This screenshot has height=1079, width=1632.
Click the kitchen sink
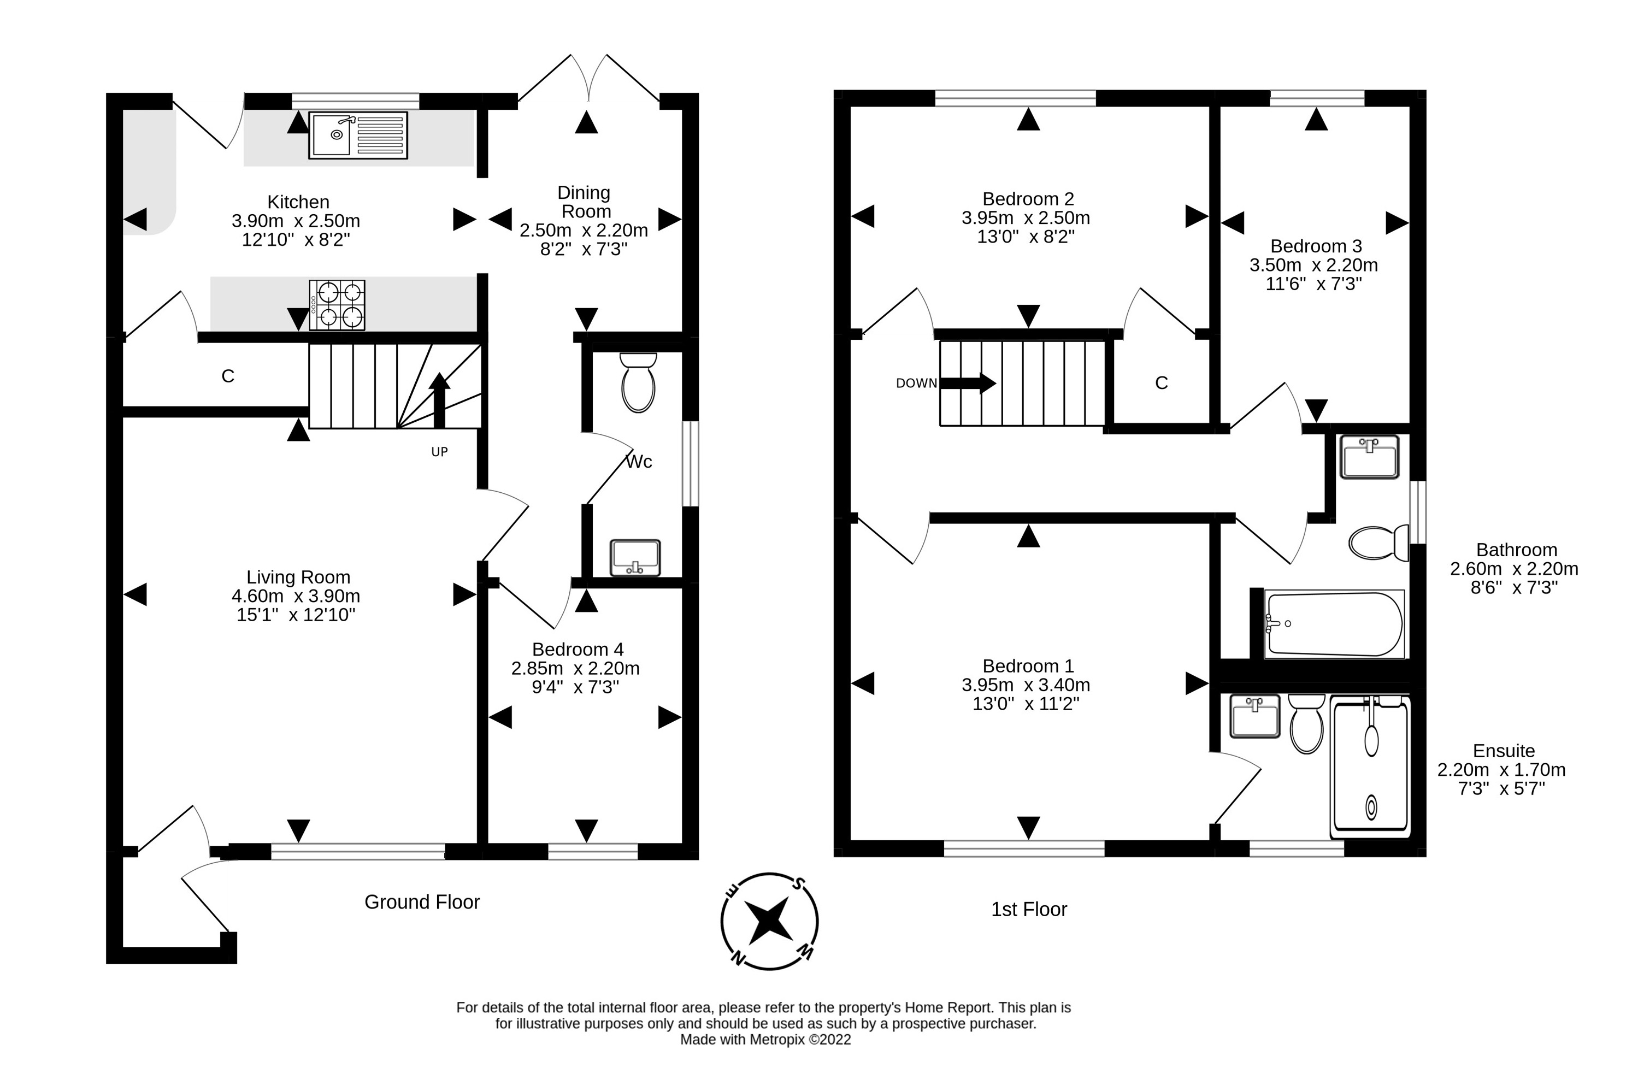click(x=358, y=135)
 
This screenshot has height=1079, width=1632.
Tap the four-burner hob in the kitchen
click(x=337, y=305)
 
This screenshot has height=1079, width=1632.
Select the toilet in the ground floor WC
click(x=638, y=382)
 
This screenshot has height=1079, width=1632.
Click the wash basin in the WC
click(x=635, y=557)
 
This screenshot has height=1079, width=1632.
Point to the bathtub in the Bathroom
click(x=1333, y=624)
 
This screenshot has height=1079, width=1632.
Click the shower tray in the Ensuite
click(x=1370, y=766)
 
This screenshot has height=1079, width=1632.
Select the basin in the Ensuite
click(x=1254, y=716)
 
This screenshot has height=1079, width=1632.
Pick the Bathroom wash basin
click(x=1369, y=456)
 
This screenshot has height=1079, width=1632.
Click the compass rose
click(x=769, y=922)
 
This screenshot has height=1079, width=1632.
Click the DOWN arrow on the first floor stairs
click(x=968, y=384)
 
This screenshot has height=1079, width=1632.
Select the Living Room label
click(x=299, y=577)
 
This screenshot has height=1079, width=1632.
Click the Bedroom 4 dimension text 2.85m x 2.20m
click(x=575, y=668)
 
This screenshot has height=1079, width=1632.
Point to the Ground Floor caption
click(x=422, y=902)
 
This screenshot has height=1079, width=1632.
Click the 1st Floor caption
click(x=1029, y=910)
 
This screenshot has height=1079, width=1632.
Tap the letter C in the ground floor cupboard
click(x=228, y=376)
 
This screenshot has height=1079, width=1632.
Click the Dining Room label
click(x=584, y=202)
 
